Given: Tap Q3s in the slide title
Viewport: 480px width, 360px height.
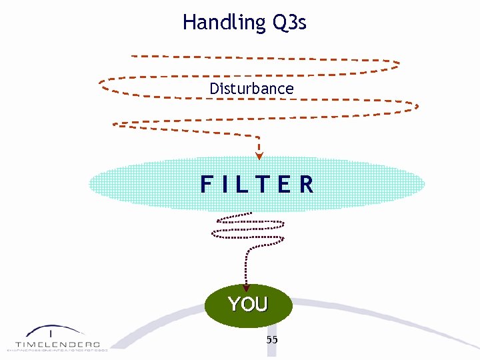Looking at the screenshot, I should point(289,23).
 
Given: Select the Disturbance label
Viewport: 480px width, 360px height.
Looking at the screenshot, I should point(251,89).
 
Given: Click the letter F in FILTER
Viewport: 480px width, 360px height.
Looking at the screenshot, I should point(207,184).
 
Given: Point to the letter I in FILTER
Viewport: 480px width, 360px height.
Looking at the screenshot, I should point(226,184).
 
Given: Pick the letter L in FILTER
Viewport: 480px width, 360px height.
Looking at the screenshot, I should point(243,184).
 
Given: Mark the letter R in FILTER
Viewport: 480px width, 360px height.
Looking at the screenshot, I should point(306,184).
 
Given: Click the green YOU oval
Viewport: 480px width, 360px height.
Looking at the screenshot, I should point(248,305).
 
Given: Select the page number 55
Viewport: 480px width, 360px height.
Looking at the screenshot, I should point(272,340).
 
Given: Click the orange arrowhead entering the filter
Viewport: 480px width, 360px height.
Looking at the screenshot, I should point(259,156).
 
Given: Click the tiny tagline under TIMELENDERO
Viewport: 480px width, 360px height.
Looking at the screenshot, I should point(57,349).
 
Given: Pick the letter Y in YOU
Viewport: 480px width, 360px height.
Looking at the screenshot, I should point(234,305).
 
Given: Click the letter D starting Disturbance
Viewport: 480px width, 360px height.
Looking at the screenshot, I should point(213,89).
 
